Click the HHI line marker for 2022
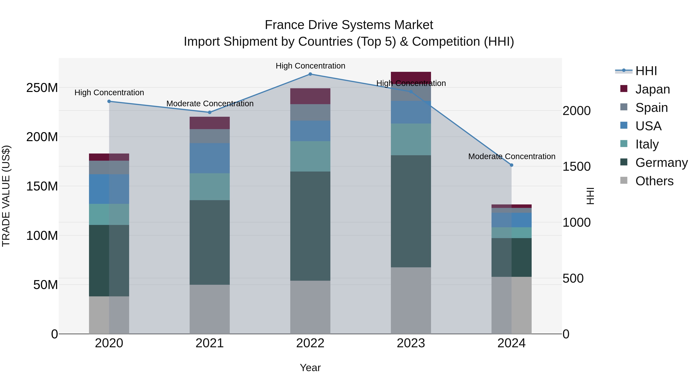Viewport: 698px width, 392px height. pos(310,74)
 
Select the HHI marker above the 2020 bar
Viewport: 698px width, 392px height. pos(109,101)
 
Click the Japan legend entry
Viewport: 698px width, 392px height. pos(652,89)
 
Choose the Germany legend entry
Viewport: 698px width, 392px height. pos(661,163)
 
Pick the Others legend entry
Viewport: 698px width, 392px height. pos(654,181)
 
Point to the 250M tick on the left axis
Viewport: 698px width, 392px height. pos(42,88)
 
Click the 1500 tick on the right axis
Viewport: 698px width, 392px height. pos(577,167)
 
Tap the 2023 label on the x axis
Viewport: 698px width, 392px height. pos(411,343)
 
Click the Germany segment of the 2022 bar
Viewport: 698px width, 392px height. pos(310,226)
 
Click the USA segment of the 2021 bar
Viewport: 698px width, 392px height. pos(209,158)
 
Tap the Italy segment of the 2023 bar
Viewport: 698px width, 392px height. pos(411,139)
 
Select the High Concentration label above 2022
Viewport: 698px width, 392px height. pos(310,66)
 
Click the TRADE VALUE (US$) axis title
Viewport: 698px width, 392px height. pos(6,196)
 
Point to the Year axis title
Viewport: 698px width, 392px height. pos(310,368)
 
